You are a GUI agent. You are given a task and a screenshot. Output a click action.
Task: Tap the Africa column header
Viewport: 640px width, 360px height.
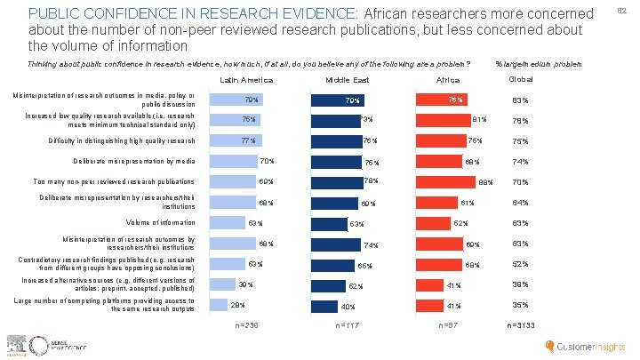446,79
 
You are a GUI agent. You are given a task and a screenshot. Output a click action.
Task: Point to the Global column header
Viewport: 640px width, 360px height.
520,78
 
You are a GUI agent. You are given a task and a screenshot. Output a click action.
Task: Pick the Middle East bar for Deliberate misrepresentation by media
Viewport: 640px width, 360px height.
338,162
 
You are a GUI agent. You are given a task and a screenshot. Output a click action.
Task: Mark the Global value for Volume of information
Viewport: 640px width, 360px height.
520,223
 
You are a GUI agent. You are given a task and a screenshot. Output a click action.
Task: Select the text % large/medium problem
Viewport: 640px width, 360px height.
538,64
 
